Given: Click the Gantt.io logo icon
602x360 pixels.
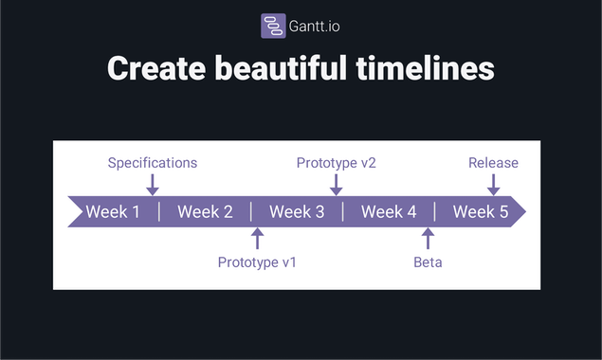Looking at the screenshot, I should pyautogui.click(x=273, y=26).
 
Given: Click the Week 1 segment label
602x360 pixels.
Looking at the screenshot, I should pyautogui.click(x=113, y=211).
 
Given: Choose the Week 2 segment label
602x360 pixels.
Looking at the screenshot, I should pyautogui.click(x=205, y=211).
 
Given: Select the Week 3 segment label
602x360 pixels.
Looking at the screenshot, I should pyautogui.click(x=297, y=211).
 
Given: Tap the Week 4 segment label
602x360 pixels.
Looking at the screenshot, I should pyautogui.click(x=389, y=211).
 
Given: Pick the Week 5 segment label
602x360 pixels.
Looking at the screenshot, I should pyautogui.click(x=480, y=211).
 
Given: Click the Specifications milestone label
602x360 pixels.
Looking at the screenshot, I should pyautogui.click(x=153, y=163).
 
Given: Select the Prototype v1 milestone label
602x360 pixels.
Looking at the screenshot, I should pyautogui.click(x=257, y=261).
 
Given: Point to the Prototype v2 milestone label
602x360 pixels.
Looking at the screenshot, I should pyautogui.click(x=336, y=163).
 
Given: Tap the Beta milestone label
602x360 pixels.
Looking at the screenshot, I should pyautogui.click(x=428, y=261).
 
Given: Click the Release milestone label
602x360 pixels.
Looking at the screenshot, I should pyautogui.click(x=493, y=163).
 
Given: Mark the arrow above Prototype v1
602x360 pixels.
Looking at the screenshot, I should pyautogui.click(x=257, y=238).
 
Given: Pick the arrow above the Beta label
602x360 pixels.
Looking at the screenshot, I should pyautogui.click(x=428, y=238).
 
